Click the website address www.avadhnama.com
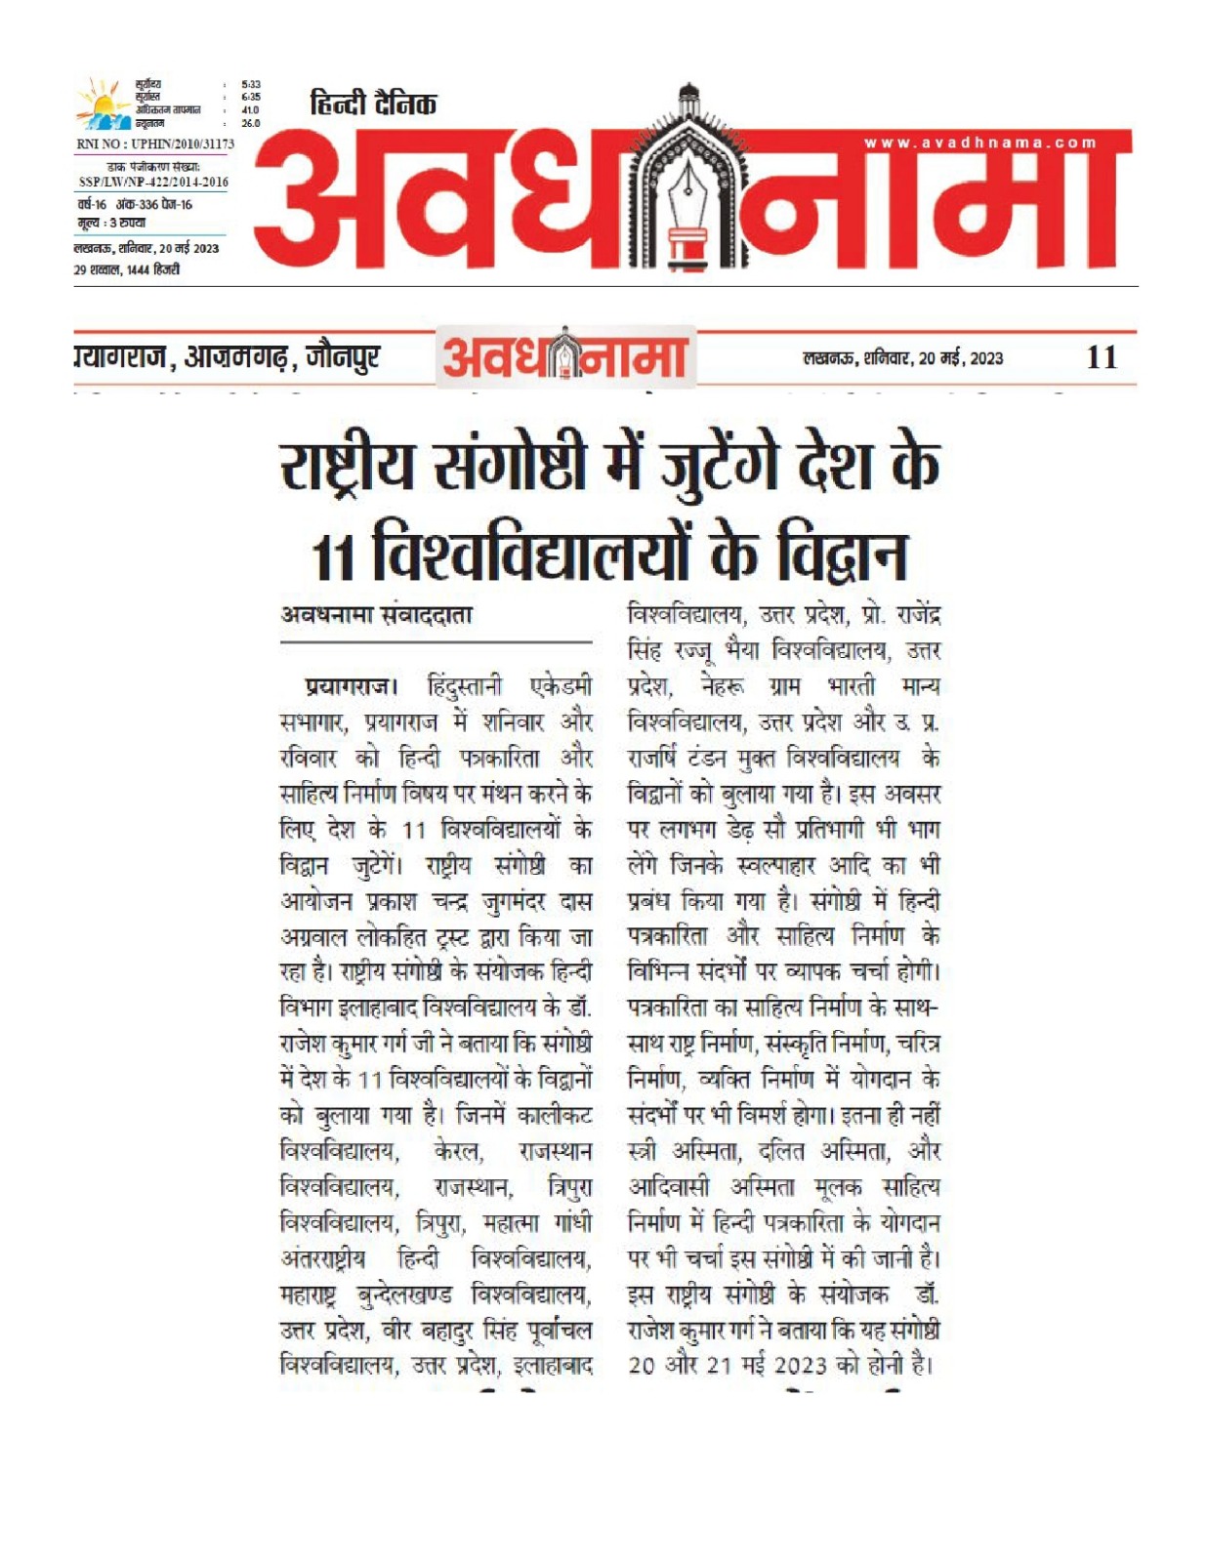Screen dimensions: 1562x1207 [x=980, y=144]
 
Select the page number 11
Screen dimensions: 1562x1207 [x=1102, y=357]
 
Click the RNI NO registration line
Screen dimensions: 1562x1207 [x=154, y=144]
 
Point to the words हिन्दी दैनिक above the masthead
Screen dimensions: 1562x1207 [x=374, y=103]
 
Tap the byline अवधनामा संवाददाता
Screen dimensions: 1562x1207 [x=377, y=615]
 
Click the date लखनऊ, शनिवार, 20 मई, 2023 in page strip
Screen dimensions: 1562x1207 [x=902, y=358]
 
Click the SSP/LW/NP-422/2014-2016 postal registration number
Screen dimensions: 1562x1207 [x=153, y=182]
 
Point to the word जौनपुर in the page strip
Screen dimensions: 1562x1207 [x=342, y=358]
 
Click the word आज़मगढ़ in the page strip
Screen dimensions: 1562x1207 [x=237, y=358]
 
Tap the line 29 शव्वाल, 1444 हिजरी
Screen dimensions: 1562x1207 [x=127, y=269]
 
